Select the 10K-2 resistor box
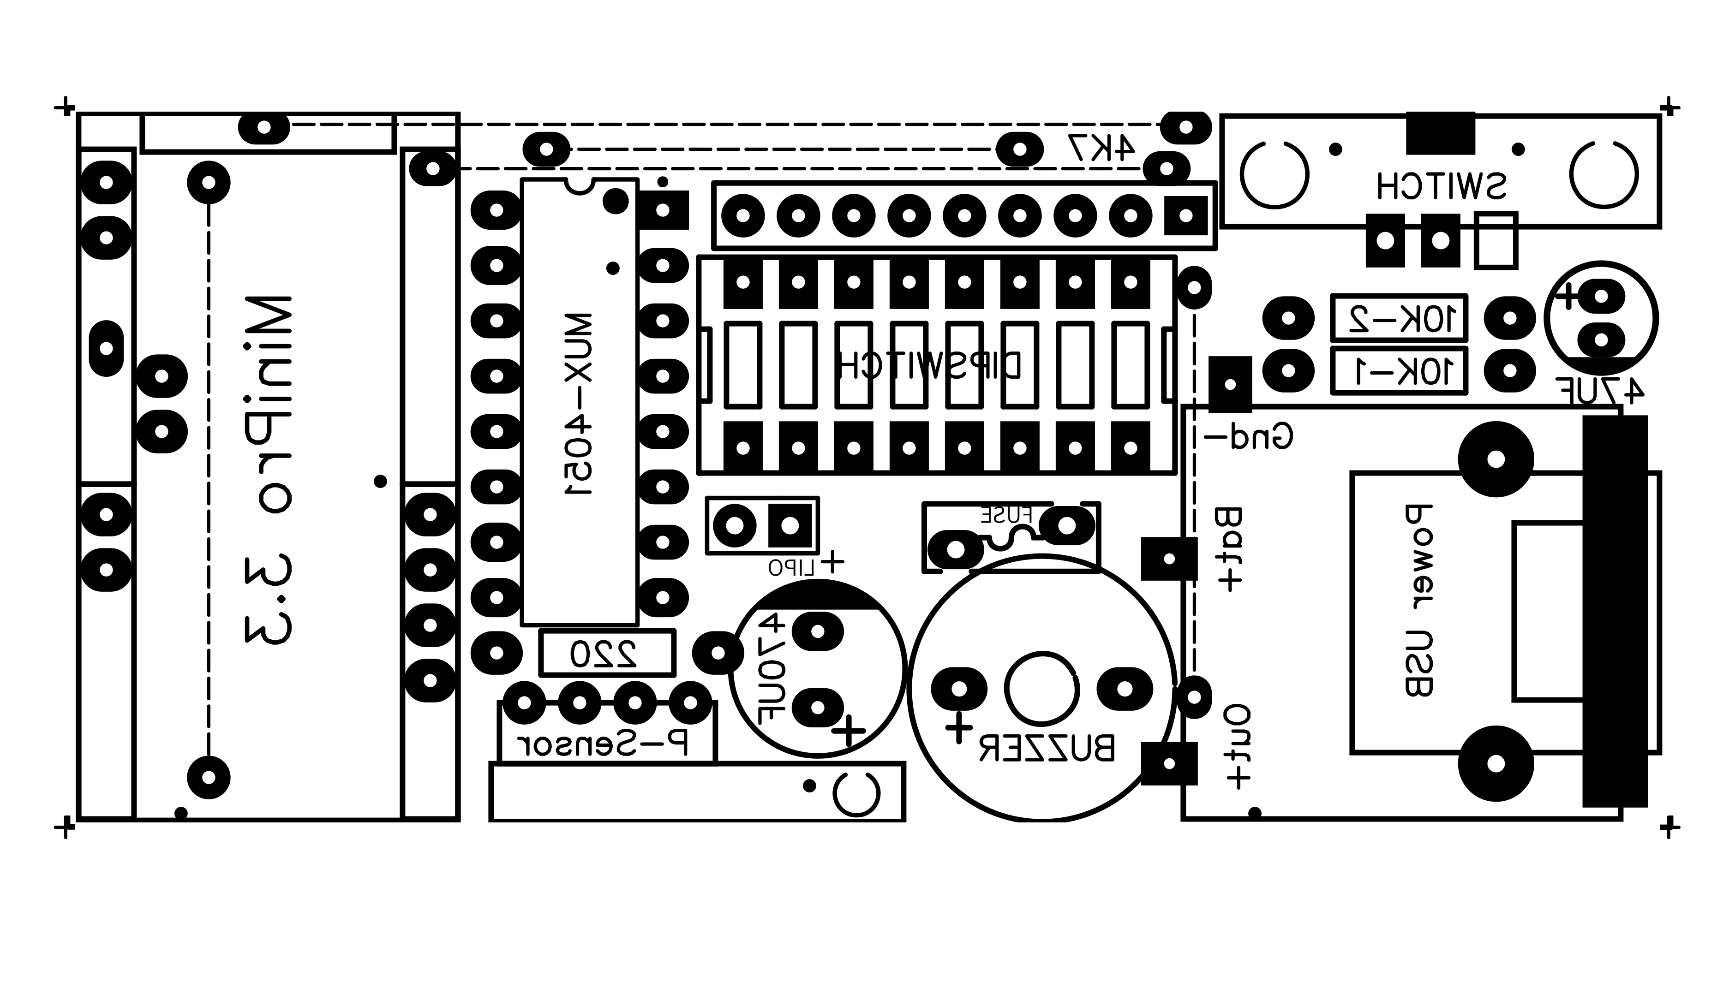coord(1399,318)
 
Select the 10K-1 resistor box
coord(1399,371)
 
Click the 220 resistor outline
coord(606,653)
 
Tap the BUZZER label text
coord(1047,749)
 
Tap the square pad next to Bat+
coord(1169,559)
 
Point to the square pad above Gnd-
coord(1229,385)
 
